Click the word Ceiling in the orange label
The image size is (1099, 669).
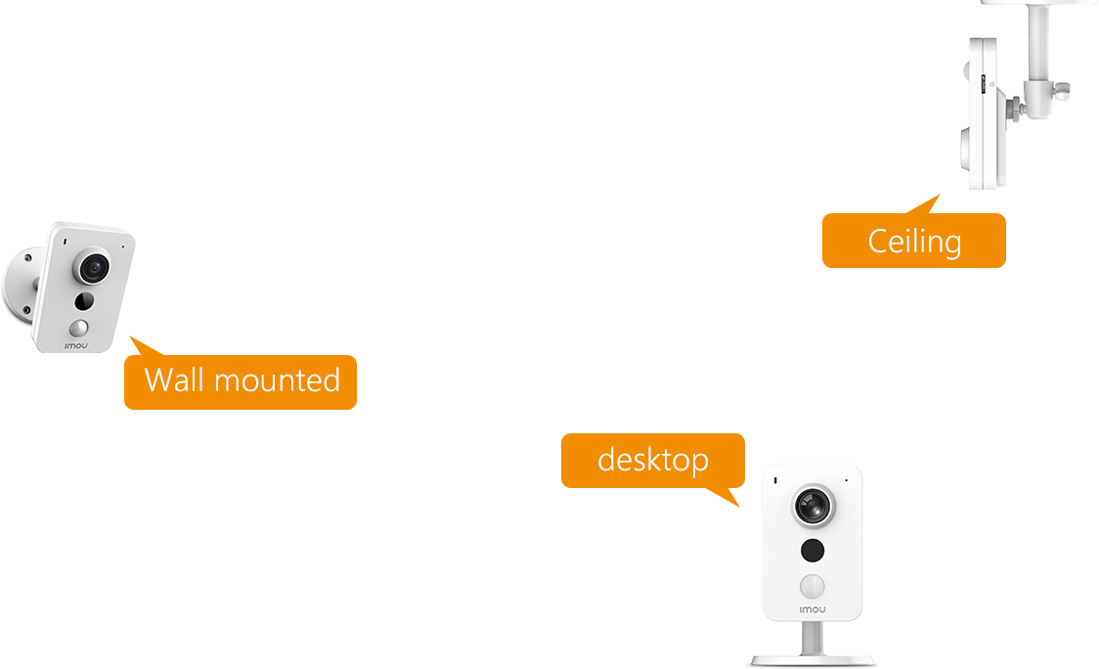click(914, 241)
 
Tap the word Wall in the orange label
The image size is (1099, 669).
click(174, 379)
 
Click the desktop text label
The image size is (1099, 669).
click(652, 459)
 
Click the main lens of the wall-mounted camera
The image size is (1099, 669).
click(94, 266)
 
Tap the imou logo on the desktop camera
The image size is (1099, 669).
click(813, 609)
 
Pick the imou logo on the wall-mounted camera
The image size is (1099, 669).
click(78, 345)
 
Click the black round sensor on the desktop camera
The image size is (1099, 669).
click(812, 551)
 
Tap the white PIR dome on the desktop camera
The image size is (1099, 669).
click(812, 586)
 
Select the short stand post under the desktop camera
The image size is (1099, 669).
click(812, 639)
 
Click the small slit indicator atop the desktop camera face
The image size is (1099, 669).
click(774, 480)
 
